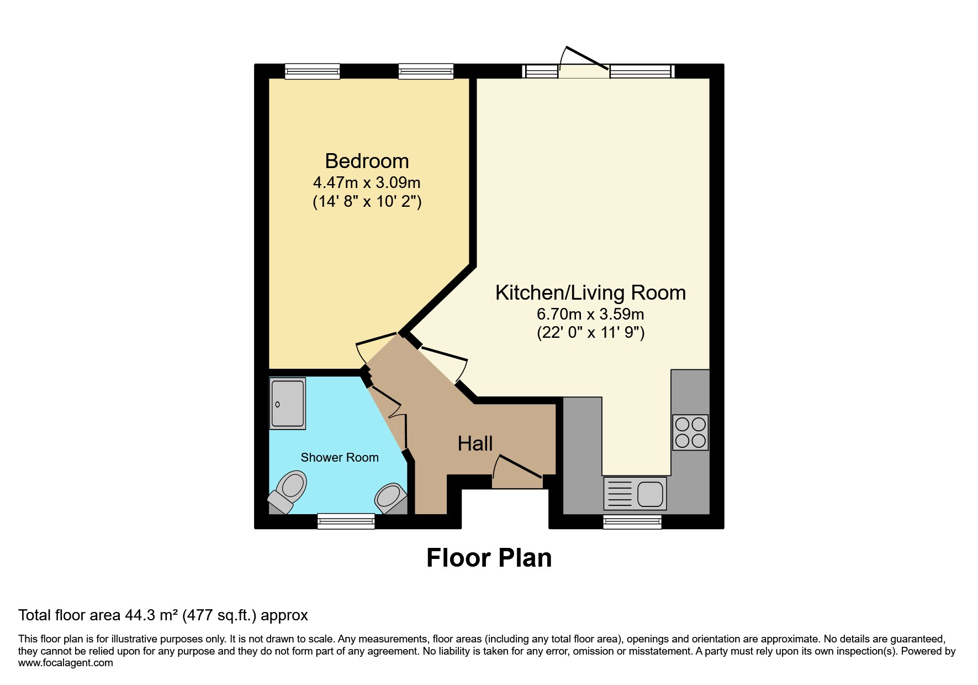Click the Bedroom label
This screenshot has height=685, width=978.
click(x=367, y=161)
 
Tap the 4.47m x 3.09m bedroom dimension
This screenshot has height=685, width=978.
click(x=367, y=182)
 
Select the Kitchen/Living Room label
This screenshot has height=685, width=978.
click(x=590, y=292)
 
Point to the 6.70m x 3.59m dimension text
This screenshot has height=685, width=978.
click(x=590, y=314)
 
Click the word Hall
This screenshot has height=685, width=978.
click(x=475, y=443)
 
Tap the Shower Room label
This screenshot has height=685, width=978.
click(x=340, y=457)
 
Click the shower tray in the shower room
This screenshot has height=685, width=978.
click(x=288, y=404)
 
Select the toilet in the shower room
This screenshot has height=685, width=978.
click(x=288, y=490)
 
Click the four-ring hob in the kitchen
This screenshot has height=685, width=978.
click(x=690, y=432)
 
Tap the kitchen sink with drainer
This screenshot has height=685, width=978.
click(x=636, y=493)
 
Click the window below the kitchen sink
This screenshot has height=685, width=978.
click(x=632, y=522)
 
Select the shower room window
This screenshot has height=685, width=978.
click(x=346, y=521)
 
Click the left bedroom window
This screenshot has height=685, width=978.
click(x=312, y=71)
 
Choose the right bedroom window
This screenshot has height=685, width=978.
click(x=426, y=71)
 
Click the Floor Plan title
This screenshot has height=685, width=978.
click(x=489, y=558)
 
